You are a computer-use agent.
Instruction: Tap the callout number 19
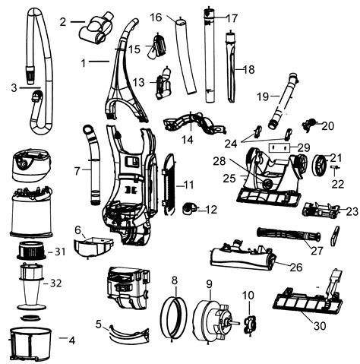(x=262, y=96)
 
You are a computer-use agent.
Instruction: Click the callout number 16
(x=156, y=16)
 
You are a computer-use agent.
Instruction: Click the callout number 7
(x=77, y=172)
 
